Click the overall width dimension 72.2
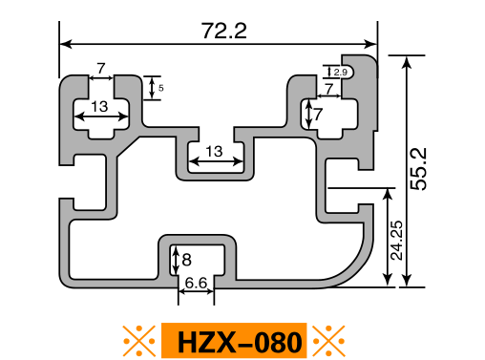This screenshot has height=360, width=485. pos(224,31)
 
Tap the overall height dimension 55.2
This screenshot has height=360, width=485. pos(418,169)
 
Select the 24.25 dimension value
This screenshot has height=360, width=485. pos(396,241)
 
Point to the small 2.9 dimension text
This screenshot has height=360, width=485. pos(340,73)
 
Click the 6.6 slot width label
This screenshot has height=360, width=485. pos(196,283)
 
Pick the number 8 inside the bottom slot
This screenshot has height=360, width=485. pos(186,260)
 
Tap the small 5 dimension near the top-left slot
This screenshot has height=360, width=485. pos(161,88)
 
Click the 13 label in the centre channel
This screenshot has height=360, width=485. pos(214,152)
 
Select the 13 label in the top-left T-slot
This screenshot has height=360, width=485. pos(99,106)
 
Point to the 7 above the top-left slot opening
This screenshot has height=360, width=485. pos(101,68)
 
